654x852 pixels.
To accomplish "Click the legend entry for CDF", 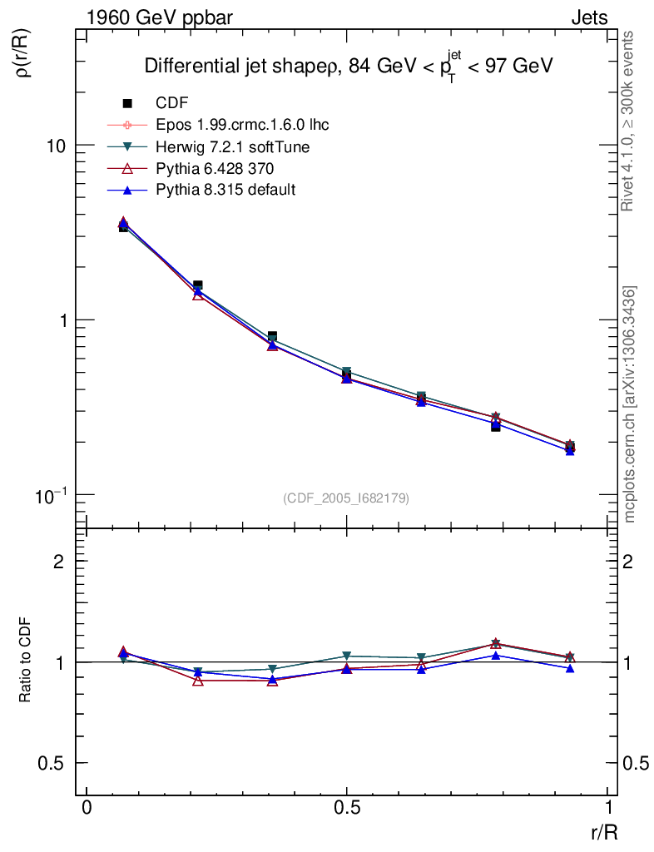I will coord(172,103).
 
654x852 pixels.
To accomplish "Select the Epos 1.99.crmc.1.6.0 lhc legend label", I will coord(242,125).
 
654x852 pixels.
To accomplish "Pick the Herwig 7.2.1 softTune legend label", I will coord(233,146).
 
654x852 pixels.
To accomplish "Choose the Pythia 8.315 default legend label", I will coord(225,190).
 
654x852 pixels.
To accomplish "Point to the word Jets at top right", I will coord(589,17).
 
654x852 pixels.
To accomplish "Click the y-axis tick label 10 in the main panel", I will coord(56,146).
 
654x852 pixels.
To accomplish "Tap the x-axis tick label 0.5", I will coord(347,808).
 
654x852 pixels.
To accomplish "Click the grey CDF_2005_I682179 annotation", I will coord(346,498).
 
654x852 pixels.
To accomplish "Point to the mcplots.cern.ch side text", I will coord(631,404).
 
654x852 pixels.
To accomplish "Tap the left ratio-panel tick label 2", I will coord(59,562).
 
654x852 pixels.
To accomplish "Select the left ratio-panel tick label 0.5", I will coord(52,763).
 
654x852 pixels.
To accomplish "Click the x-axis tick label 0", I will coord(87,808).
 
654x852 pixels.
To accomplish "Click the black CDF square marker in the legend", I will coord(128,103).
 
